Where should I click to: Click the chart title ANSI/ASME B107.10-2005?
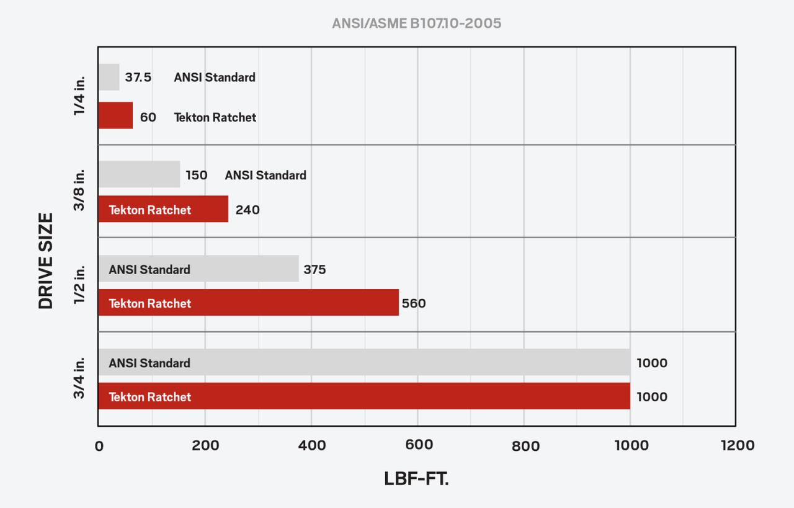[x=416, y=24]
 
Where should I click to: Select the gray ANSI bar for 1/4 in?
[x=109, y=78]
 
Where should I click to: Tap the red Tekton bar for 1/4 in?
[x=115, y=116]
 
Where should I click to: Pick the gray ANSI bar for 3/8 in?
[x=139, y=174]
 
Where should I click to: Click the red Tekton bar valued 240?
[x=163, y=209]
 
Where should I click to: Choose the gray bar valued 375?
[x=198, y=269]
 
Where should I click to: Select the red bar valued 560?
[x=248, y=303]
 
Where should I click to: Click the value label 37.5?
[x=138, y=78]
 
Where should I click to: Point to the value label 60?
[x=148, y=117]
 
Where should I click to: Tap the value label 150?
[x=196, y=175]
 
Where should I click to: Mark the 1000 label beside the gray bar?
[x=652, y=363]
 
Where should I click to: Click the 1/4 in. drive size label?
[x=79, y=96]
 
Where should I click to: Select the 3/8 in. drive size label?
[x=79, y=190]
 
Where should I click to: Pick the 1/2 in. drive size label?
[x=79, y=285]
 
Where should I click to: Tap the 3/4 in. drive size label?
[x=79, y=378]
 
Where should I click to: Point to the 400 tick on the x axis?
[x=311, y=445]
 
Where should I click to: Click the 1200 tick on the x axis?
[x=736, y=445]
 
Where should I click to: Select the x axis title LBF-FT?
[x=416, y=479]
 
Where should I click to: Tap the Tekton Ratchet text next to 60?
[x=215, y=117]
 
